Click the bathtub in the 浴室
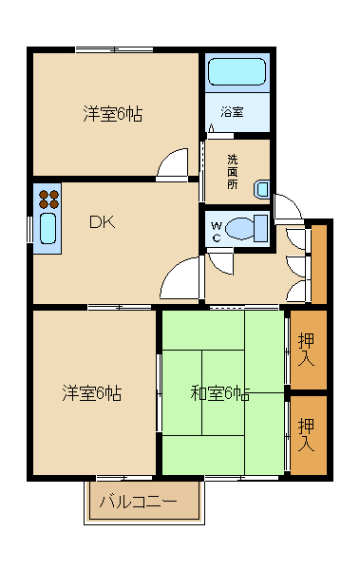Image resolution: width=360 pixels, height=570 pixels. tap(237, 72)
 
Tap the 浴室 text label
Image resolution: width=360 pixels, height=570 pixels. tap(232, 112)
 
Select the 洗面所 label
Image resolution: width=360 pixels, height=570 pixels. tap(233, 171)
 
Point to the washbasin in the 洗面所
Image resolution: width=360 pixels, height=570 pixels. tap(262, 189)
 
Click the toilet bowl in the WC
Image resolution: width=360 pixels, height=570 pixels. tap(249, 229)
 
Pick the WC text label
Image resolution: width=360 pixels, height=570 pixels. tap(218, 231)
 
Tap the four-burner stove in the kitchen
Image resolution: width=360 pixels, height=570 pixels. tap(48, 199)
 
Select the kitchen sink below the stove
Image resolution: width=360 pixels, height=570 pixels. tap(48, 232)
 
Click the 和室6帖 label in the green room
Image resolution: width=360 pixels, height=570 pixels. tap(219, 392)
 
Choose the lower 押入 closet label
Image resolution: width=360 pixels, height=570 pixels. tap(307, 432)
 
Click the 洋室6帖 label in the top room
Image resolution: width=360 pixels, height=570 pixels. tap(112, 114)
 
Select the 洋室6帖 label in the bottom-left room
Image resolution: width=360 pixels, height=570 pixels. tap(92, 391)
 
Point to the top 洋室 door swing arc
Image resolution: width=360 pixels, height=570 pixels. tap(174, 163)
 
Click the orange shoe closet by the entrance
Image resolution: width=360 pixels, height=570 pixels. tap(319, 263)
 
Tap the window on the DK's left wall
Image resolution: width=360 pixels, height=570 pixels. tap(31, 230)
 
